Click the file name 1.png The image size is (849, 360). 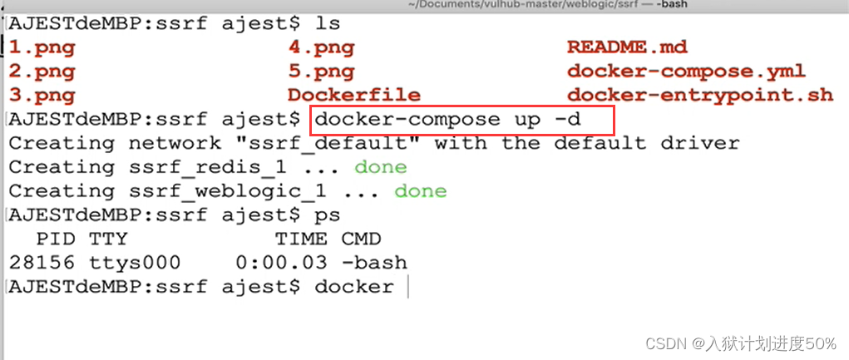coord(42,47)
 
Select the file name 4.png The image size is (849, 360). coord(321,47)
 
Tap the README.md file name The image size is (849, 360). coord(627,47)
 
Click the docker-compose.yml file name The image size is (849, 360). coord(686,72)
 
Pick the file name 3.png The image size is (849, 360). coord(42,95)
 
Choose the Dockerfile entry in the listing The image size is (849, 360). coord(353,95)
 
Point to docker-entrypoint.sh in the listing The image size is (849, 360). coord(699,95)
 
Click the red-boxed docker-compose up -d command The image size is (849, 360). coord(462,120)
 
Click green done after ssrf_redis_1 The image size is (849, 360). coord(380,168)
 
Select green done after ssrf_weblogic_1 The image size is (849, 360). coord(420,192)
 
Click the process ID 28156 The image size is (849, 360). coord(42,264)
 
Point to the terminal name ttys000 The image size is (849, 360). coord(134,264)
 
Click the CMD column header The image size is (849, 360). coord(361,239)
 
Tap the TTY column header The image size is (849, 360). coord(108,239)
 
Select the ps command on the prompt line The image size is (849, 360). coord(327,215)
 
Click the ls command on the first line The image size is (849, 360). coord(327,23)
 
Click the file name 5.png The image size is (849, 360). coord(321,72)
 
